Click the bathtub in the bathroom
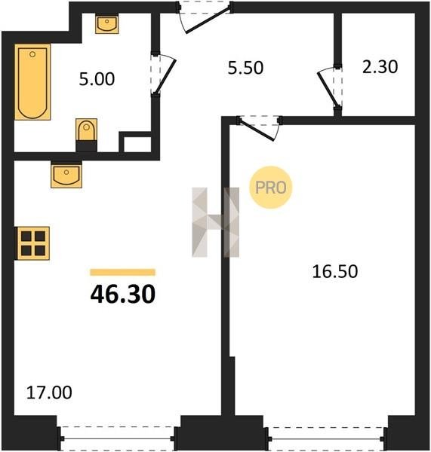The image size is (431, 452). pyautogui.click(x=32, y=82)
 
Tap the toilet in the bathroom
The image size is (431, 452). pyautogui.click(x=86, y=135)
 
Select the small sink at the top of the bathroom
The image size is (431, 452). pyautogui.click(x=107, y=24)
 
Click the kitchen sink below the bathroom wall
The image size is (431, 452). pyautogui.click(x=66, y=175)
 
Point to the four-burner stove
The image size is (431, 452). pyautogui.click(x=32, y=243)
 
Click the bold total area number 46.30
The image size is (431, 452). pyautogui.click(x=123, y=295)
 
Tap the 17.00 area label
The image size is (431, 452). pyautogui.click(x=49, y=392)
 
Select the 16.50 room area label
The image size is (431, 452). pyautogui.click(x=335, y=271)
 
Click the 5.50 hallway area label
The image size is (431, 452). pyautogui.click(x=245, y=68)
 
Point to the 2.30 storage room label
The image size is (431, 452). pyautogui.click(x=380, y=67)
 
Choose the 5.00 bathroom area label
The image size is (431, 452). pyautogui.click(x=97, y=79)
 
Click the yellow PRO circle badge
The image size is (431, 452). pyautogui.click(x=271, y=188)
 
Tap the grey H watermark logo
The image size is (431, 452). pyautogui.click(x=216, y=222)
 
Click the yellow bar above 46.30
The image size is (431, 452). pyautogui.click(x=123, y=273)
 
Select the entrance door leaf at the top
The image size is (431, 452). pyautogui.click(x=208, y=20)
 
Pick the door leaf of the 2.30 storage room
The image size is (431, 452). pyautogui.click(x=328, y=90)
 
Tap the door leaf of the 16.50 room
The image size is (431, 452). pyautogui.click(x=257, y=130)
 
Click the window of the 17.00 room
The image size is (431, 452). pyautogui.click(x=117, y=438)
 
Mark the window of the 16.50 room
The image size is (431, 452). pyautogui.click(x=326, y=438)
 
